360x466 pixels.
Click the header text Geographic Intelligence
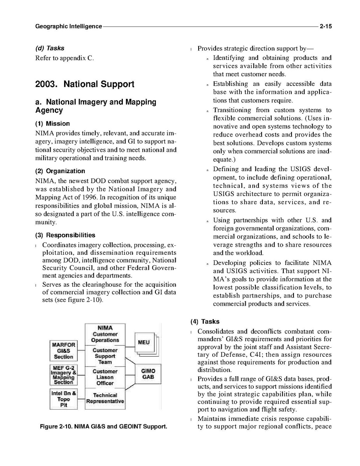(x=68, y=26)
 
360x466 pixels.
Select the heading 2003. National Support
(x=85, y=84)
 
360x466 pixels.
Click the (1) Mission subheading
(x=52, y=124)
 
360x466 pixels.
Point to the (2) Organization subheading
(x=60, y=171)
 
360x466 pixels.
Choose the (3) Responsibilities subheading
(x=65, y=235)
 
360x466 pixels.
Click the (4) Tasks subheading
(x=205, y=321)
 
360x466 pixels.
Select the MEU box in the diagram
(x=143, y=342)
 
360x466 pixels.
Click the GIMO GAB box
(x=148, y=374)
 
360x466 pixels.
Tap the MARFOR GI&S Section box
(x=63, y=350)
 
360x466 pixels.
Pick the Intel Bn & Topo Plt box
(x=63, y=399)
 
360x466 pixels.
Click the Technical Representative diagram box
(x=105, y=398)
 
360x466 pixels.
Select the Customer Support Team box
(x=105, y=356)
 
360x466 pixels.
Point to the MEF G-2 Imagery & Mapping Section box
(x=63, y=374)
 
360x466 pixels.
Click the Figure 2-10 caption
(x=103, y=427)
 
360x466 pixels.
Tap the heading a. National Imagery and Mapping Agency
(x=96, y=106)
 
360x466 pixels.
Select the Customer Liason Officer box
(x=105, y=377)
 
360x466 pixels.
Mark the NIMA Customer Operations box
(x=105, y=334)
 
